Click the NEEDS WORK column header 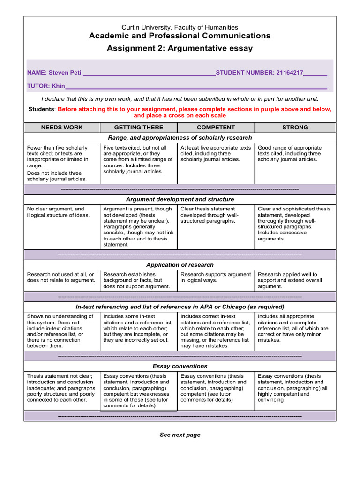click(62, 127)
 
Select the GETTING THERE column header click(139, 127)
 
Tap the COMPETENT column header click(216, 127)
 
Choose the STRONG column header click(295, 127)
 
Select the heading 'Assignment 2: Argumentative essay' click(180, 48)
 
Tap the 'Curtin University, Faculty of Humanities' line click(180, 28)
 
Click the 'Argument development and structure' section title click(180, 199)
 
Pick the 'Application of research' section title click(180, 265)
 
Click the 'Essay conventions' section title click(180, 366)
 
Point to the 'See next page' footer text click(180, 435)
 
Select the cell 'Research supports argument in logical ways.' click(216, 277)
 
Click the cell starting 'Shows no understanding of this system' click(60, 331)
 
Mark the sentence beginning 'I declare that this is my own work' click(180, 99)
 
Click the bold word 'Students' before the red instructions click(42, 109)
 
